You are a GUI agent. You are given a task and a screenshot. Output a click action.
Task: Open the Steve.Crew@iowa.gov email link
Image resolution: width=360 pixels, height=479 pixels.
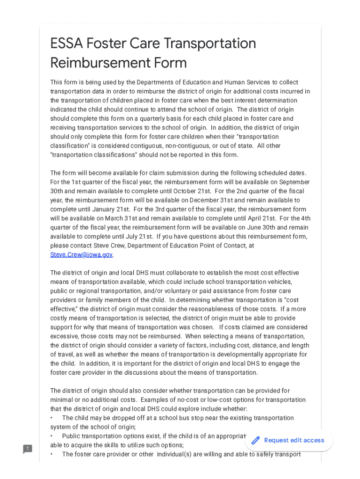point(81,254)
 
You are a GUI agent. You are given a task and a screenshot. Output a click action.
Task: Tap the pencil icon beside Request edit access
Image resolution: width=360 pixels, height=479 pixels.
point(256,440)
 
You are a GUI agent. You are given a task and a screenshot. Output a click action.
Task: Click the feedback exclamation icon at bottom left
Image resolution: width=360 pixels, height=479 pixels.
point(28,449)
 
